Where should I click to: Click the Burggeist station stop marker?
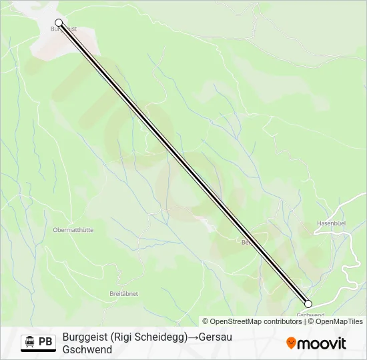(59, 22)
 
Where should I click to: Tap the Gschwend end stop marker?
(308, 303)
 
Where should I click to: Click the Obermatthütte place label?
(73, 230)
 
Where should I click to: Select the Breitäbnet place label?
(123, 293)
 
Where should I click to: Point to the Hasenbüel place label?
(332, 223)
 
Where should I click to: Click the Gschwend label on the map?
(310, 315)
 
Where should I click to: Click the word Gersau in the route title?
(215, 337)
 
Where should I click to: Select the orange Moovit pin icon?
(291, 343)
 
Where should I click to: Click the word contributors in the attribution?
(283, 321)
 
